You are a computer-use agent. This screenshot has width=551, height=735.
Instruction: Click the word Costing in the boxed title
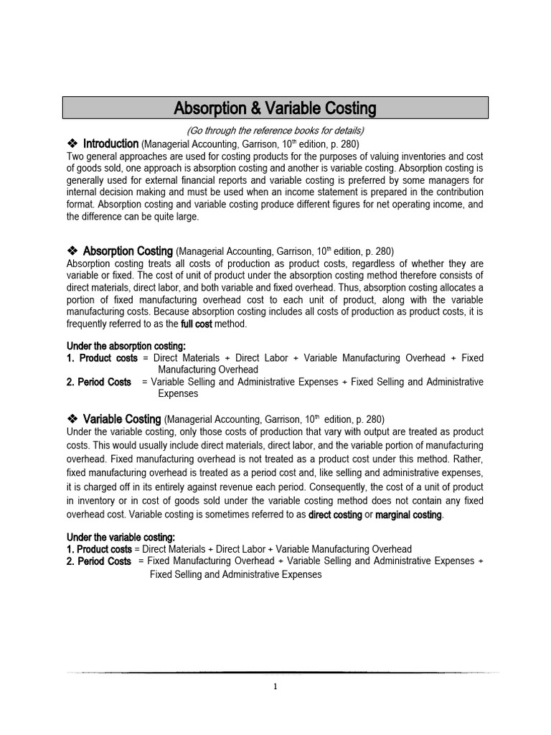341,108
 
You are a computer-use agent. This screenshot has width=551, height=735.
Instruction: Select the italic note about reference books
275,130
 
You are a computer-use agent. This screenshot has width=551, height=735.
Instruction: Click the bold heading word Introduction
110,144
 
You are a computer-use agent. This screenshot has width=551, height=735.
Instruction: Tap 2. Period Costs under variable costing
99,561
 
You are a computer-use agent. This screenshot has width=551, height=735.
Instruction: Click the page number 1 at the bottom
275,687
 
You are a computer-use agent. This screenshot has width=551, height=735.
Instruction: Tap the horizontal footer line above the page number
275,673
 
